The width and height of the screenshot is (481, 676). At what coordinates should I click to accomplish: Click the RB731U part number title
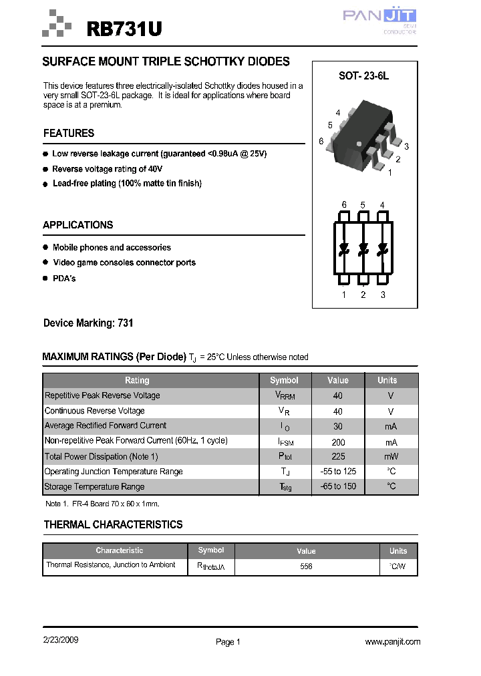[124, 29]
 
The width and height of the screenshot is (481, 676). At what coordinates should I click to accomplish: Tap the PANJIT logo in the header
[379, 17]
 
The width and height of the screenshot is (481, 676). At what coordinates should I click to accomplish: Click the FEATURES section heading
[69, 133]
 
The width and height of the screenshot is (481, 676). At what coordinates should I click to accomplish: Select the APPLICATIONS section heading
[77, 225]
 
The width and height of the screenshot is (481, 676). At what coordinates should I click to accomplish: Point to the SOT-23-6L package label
[363, 76]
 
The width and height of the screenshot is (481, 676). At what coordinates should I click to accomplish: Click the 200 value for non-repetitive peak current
[338, 442]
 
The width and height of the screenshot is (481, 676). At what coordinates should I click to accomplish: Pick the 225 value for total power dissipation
[338, 457]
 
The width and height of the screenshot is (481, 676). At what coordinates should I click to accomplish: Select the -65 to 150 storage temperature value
[338, 486]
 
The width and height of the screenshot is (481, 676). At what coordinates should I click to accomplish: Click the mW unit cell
[391, 457]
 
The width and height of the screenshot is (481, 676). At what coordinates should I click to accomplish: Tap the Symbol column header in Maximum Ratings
[284, 380]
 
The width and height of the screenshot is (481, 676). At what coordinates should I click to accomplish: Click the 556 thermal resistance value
[306, 566]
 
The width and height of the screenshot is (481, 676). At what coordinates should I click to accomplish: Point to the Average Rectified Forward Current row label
[106, 426]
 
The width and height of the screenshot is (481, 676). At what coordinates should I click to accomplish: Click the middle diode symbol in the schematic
[363, 249]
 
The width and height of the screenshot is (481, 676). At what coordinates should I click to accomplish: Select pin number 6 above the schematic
[344, 205]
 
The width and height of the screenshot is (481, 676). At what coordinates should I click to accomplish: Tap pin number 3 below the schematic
[383, 295]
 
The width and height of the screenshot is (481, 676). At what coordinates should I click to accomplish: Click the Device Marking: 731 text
[88, 323]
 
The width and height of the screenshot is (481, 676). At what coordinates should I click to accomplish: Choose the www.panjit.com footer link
[393, 642]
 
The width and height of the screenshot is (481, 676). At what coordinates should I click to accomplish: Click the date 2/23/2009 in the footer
[61, 640]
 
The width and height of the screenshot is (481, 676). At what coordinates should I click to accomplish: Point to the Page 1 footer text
[228, 642]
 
